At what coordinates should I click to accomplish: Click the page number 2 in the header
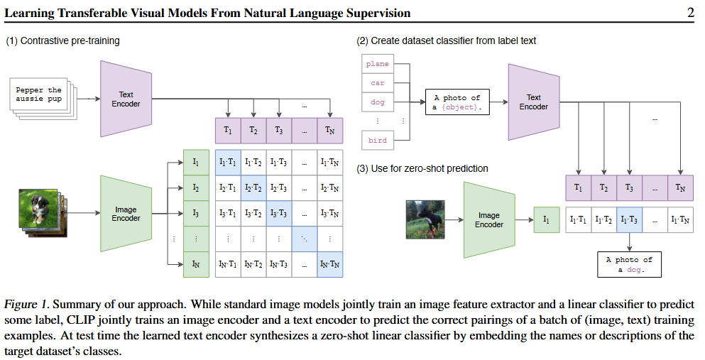690,13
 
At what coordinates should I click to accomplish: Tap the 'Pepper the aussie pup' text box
39,94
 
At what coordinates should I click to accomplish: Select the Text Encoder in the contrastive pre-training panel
126,99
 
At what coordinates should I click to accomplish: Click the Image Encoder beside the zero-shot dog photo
488,220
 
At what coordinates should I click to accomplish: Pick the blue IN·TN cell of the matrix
330,264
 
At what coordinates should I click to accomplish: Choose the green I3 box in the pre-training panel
196,213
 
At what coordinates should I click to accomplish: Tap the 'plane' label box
377,64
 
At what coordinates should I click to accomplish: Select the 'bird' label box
377,140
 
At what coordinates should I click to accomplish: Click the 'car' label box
377,83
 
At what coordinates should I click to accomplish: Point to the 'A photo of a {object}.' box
457,102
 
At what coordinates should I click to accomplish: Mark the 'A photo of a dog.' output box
629,265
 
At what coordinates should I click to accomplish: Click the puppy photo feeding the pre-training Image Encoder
37,207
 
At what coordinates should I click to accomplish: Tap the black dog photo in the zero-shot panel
425,219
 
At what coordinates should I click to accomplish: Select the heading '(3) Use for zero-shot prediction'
421,168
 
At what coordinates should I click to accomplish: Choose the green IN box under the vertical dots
196,264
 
